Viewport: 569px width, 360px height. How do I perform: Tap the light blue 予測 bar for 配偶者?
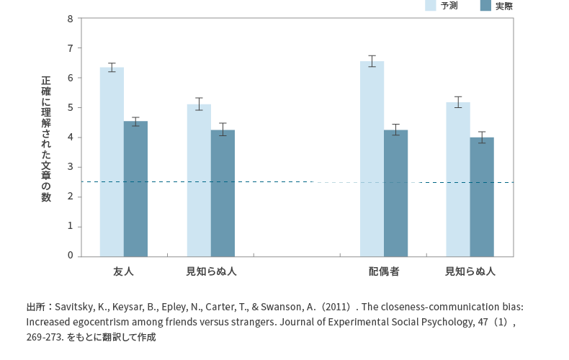click(372, 158)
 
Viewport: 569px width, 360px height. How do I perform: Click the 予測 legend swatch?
click(431, 6)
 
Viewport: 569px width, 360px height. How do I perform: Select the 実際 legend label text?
click(504, 6)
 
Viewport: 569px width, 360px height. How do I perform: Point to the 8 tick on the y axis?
click(70, 19)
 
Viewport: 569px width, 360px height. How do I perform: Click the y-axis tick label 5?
click(70, 108)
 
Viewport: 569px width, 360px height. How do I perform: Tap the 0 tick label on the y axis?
click(70, 256)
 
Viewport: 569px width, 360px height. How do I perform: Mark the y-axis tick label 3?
click(70, 167)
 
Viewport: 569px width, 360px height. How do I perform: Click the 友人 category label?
click(123, 272)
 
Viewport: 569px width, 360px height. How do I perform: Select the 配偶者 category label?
click(384, 272)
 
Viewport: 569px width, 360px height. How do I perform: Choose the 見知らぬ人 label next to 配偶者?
click(470, 272)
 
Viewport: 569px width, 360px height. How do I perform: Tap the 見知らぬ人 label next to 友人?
click(210, 272)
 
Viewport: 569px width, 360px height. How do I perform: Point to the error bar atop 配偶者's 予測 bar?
click(372, 61)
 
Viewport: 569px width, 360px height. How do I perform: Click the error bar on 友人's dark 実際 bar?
click(135, 121)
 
